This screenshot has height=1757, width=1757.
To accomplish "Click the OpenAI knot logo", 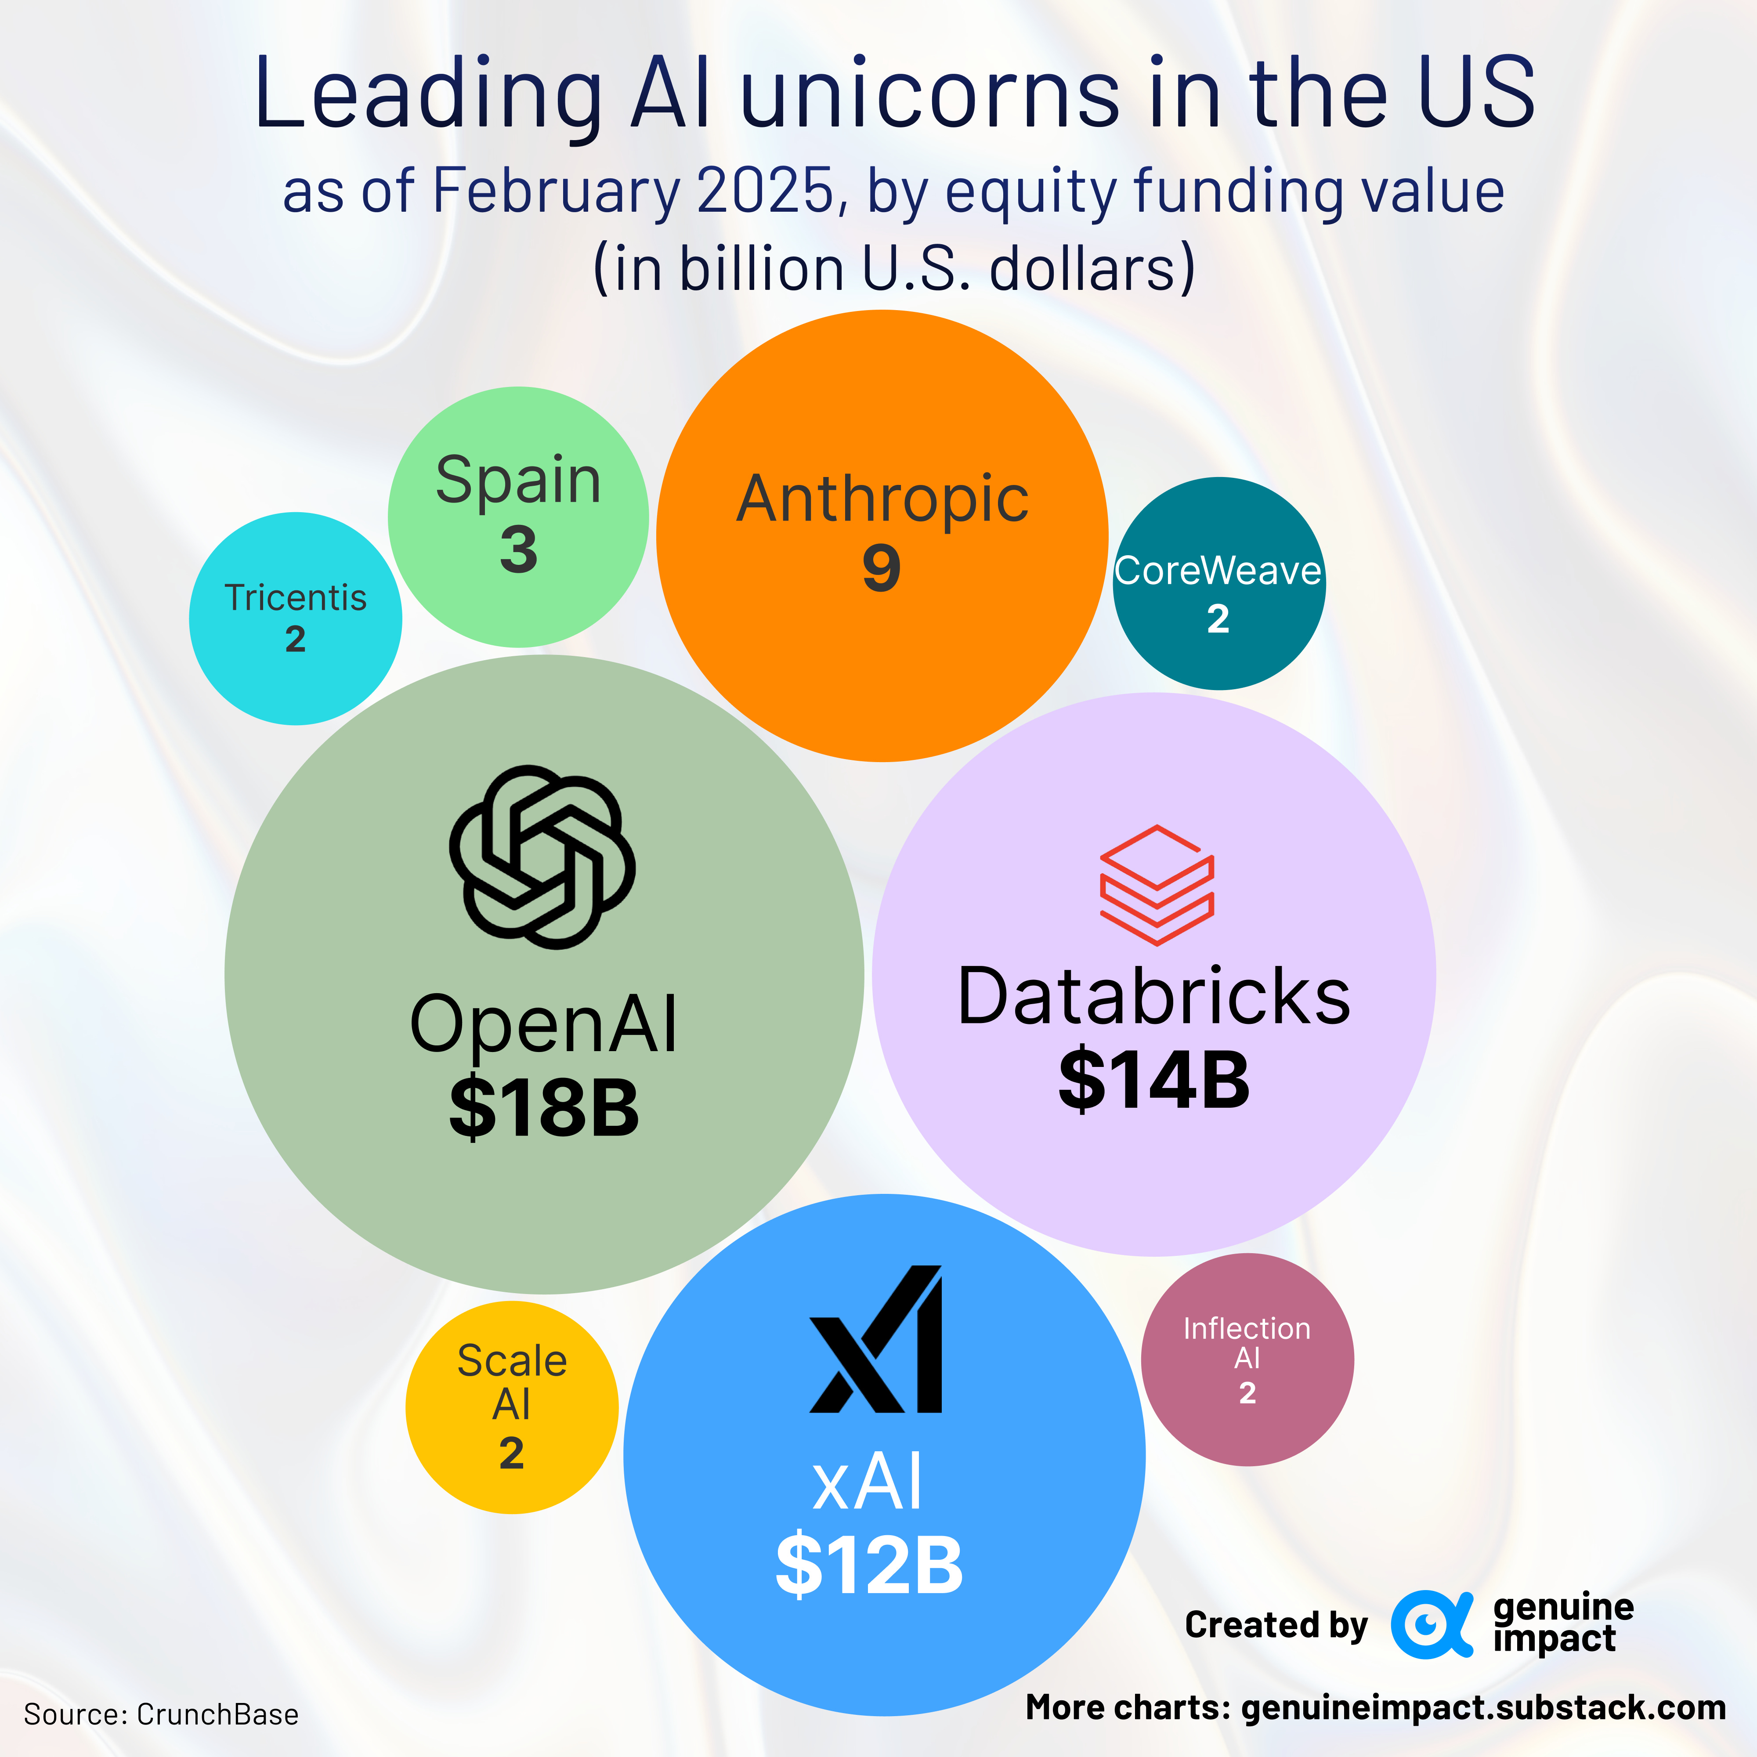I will click(x=542, y=857).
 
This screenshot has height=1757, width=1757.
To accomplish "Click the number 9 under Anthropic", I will click(x=881, y=568).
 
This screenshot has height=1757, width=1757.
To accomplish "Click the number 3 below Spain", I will click(x=518, y=550).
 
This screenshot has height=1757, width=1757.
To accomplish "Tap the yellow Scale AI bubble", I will click(x=512, y=1407).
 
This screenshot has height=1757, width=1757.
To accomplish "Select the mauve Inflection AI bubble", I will click(x=1247, y=1359).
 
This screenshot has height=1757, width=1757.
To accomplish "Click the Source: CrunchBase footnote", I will click(x=161, y=1714).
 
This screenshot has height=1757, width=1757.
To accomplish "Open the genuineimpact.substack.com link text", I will click(x=1482, y=1708).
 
